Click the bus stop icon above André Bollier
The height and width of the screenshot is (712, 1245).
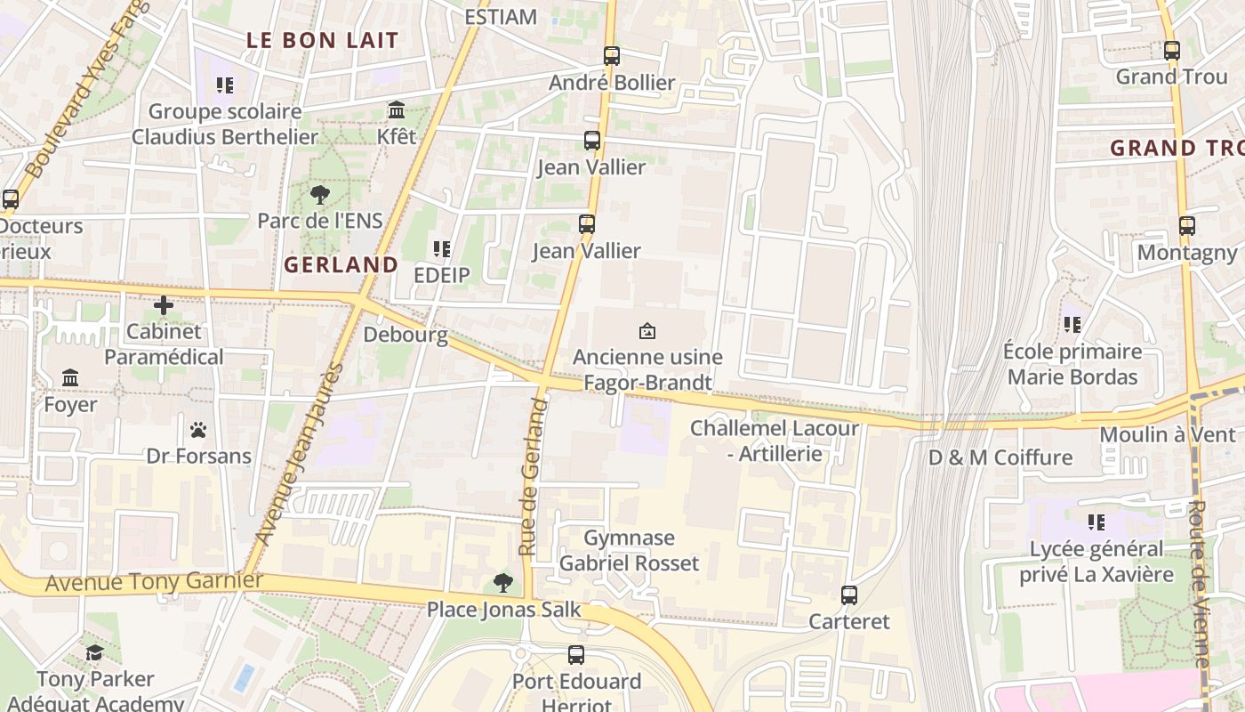[611, 56]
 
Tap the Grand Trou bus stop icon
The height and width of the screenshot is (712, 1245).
[1172, 51]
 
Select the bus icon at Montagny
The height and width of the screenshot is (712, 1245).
[1187, 226]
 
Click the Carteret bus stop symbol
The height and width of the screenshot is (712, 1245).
[849, 595]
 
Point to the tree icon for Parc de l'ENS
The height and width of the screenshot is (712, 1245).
[320, 195]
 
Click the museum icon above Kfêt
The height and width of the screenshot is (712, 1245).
[397, 110]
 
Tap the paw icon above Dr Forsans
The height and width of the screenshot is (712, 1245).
[198, 431]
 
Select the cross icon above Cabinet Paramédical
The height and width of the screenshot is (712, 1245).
[163, 306]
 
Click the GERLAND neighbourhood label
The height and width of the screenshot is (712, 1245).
[341, 265]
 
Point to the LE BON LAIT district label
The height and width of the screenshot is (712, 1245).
[322, 40]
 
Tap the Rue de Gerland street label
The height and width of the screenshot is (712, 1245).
[532, 477]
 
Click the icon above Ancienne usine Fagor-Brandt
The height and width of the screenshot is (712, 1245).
[647, 331]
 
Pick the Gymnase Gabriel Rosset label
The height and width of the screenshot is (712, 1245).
[629, 551]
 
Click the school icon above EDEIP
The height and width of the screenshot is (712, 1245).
[441, 249]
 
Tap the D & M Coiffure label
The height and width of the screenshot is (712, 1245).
[1000, 458]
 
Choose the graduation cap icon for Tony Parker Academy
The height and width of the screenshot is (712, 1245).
[94, 654]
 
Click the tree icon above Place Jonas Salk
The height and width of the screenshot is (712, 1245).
[503, 584]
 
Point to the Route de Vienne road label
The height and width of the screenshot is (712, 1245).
[1198, 583]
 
